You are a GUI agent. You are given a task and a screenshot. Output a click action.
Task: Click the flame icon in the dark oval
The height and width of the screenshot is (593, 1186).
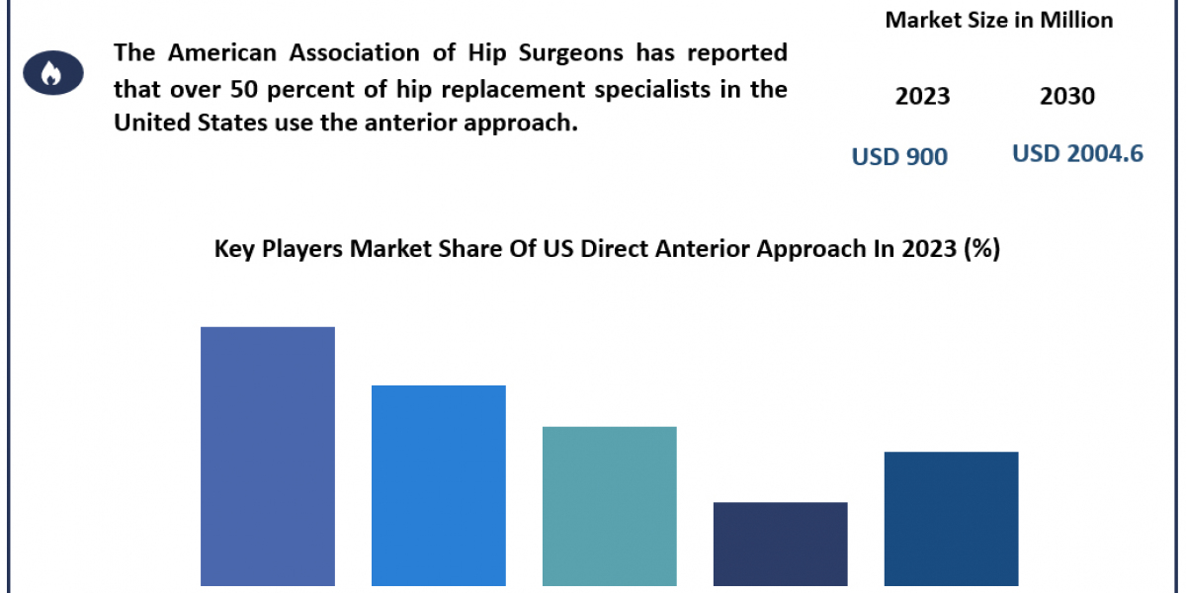click(51, 73)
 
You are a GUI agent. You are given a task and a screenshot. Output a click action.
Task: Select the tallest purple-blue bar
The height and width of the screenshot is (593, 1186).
click(268, 457)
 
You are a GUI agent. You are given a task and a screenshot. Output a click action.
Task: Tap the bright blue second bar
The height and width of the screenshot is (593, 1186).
click(439, 485)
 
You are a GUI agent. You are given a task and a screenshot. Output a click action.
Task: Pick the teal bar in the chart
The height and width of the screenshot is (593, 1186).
click(610, 506)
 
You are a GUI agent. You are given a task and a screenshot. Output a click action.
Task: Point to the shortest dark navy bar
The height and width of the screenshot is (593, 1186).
click(781, 545)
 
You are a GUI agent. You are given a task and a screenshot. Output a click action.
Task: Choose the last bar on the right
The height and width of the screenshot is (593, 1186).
click(952, 519)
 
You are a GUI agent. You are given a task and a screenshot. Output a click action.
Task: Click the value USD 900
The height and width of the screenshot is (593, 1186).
click(899, 157)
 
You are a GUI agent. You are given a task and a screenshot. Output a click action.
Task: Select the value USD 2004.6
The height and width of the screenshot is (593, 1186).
click(1077, 153)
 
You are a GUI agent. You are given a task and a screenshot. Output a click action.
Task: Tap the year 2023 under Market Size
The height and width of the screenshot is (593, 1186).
click(923, 97)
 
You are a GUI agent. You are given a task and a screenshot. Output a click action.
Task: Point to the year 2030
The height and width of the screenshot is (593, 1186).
click(1067, 97)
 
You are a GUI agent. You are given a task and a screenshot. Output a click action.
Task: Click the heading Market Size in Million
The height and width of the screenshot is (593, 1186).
click(999, 20)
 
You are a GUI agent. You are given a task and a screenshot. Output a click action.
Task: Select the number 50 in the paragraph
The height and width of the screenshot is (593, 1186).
click(243, 89)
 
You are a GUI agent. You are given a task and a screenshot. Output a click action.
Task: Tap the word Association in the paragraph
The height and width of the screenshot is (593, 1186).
click(354, 52)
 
